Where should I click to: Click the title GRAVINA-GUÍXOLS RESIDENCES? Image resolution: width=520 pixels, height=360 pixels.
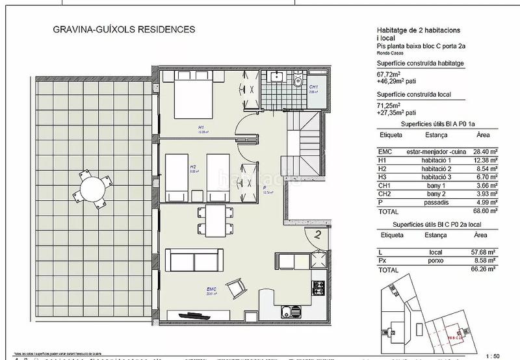point(123,30)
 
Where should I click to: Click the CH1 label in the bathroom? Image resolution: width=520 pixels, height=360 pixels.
point(313,87)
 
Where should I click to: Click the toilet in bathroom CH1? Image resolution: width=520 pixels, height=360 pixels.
point(296,81)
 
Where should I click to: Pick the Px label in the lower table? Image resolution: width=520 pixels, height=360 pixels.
point(382,260)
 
